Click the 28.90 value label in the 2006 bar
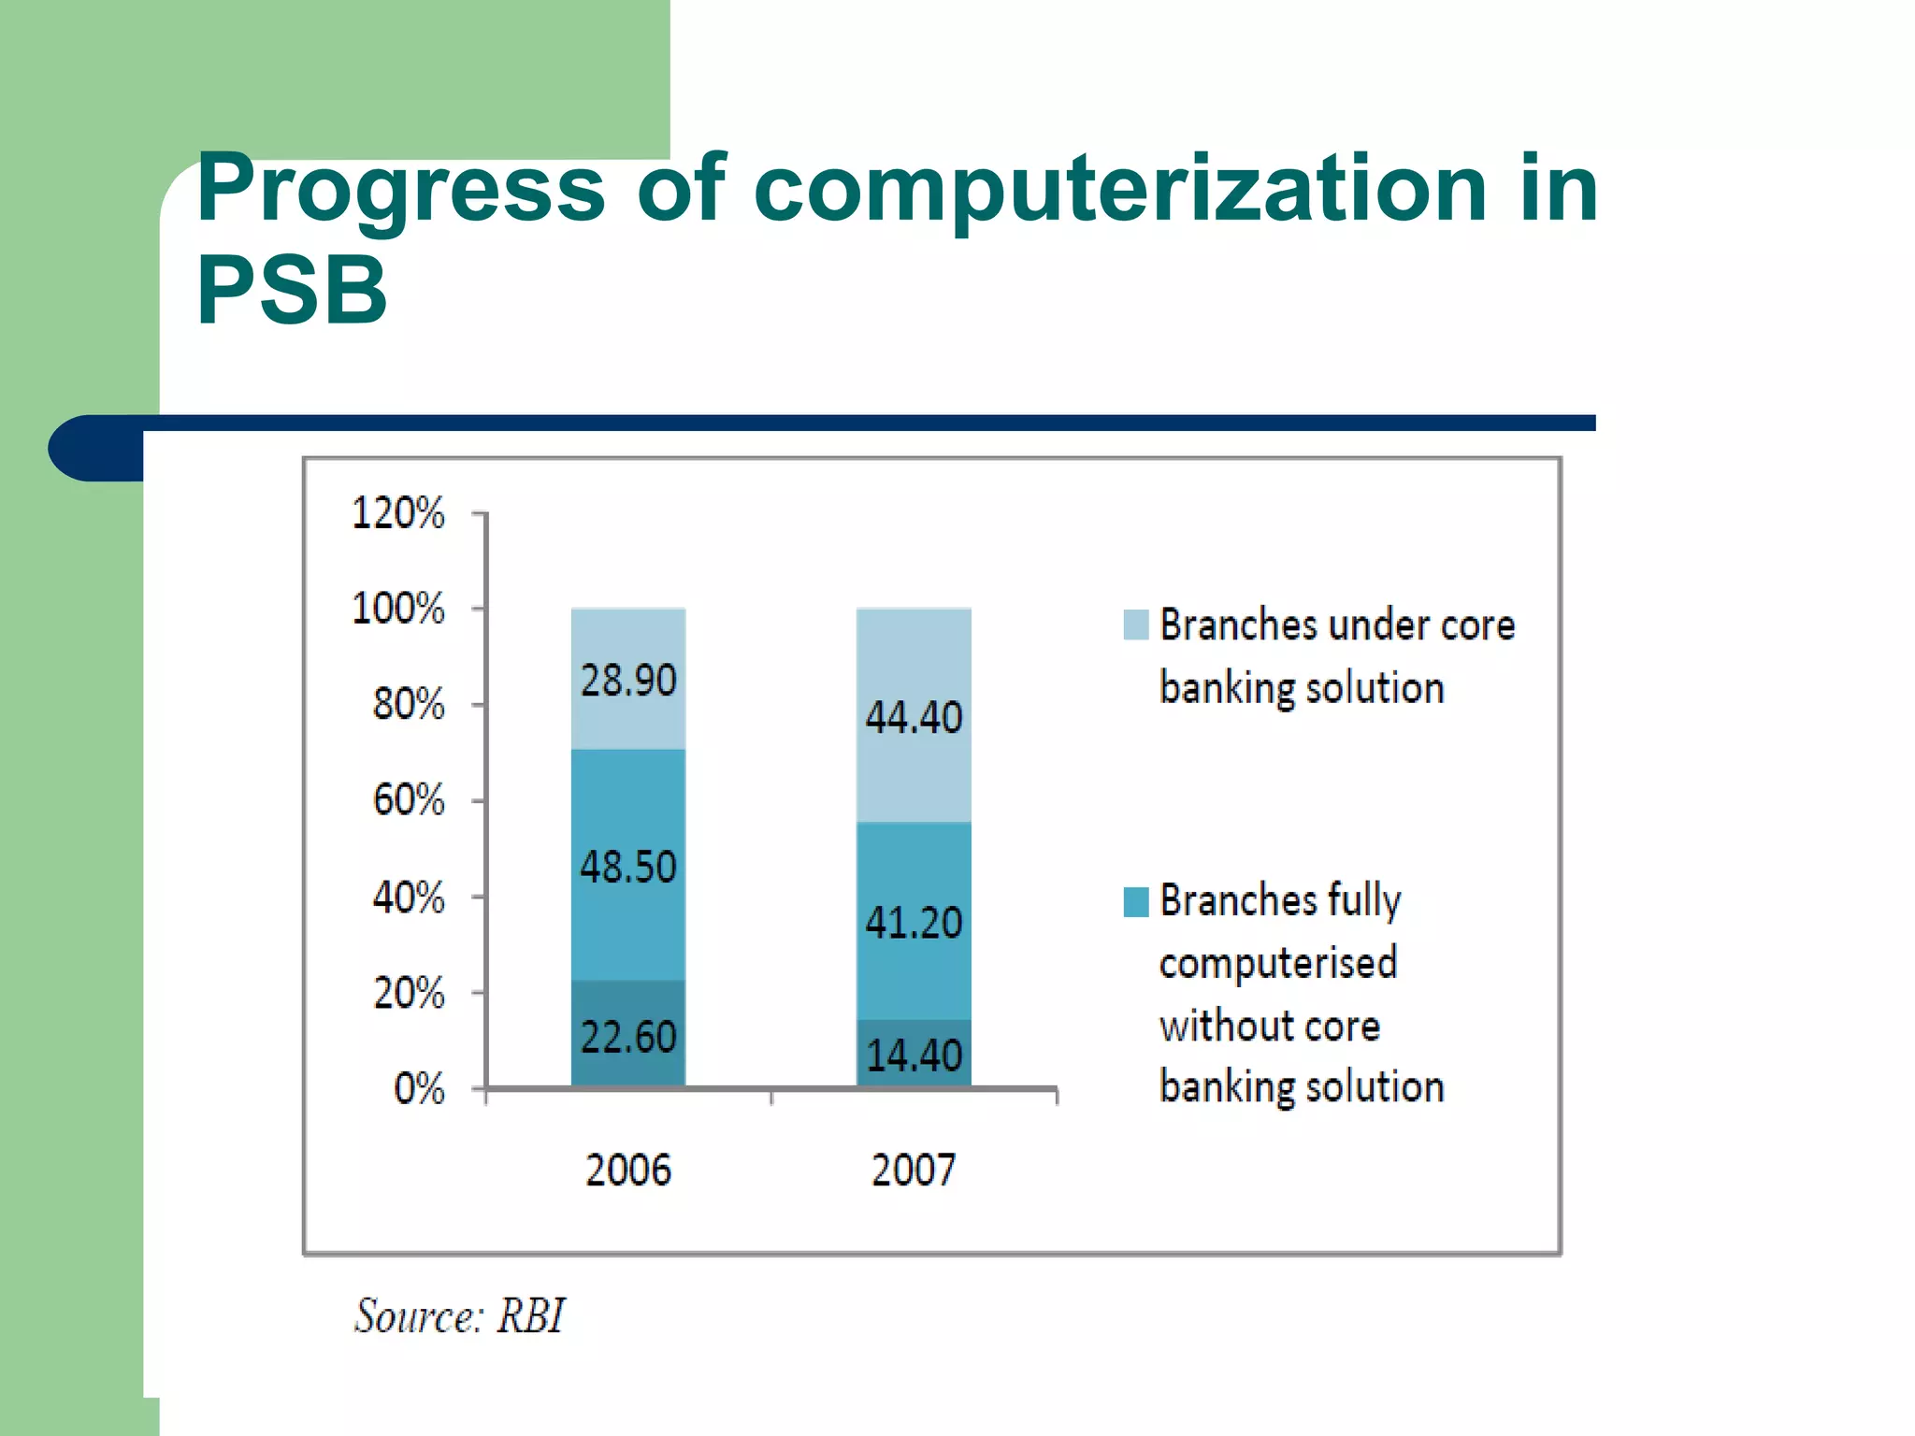click(x=627, y=680)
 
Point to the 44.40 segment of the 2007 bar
click(x=914, y=717)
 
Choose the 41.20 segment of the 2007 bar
click(x=914, y=923)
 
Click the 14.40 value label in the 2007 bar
click(x=914, y=1055)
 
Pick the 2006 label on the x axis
click(x=627, y=1170)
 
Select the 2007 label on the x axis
click(x=914, y=1170)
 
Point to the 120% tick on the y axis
click(x=398, y=513)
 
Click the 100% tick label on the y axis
click(x=398, y=609)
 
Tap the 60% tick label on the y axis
click(x=409, y=800)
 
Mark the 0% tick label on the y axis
click(x=419, y=1088)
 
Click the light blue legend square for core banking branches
click(x=1135, y=625)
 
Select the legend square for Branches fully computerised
click(x=1135, y=901)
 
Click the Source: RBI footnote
click(x=459, y=1315)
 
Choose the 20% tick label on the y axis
click(x=409, y=992)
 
